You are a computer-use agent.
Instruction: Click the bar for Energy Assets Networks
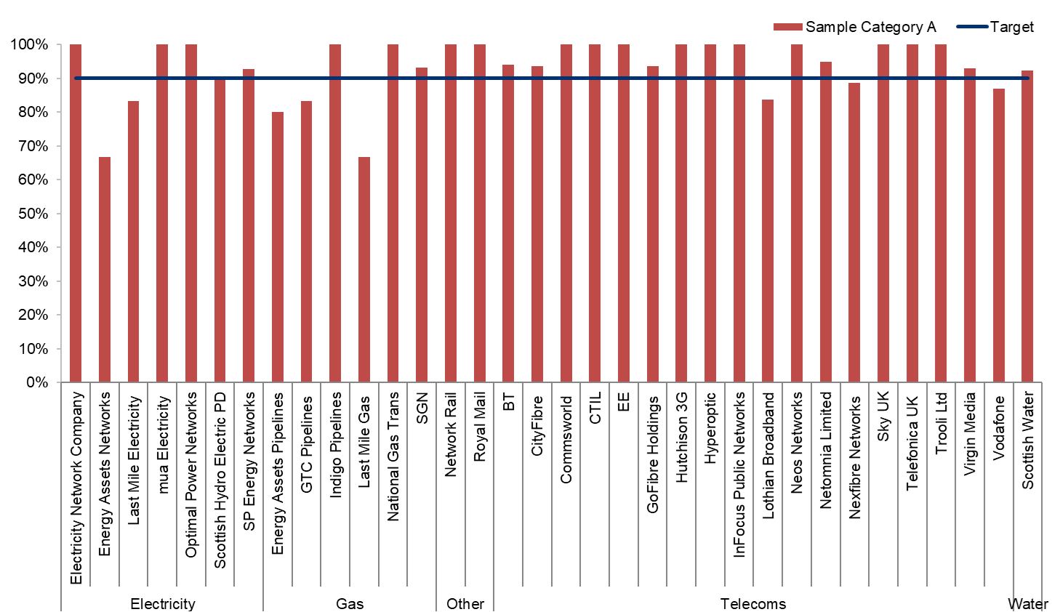(x=105, y=270)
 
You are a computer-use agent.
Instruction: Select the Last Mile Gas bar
(x=364, y=270)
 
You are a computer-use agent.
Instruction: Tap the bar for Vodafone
(x=999, y=235)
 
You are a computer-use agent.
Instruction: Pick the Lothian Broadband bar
(x=768, y=241)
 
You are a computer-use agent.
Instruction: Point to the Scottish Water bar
(x=1027, y=226)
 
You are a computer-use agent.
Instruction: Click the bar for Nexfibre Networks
(x=854, y=233)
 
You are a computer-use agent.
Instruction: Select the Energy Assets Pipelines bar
(x=278, y=247)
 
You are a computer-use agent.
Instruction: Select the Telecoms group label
(x=752, y=603)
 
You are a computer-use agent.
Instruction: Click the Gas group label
(x=350, y=603)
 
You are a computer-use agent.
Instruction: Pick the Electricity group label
(x=162, y=603)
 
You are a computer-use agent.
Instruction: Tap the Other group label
(x=465, y=603)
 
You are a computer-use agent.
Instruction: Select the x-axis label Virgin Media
(x=970, y=435)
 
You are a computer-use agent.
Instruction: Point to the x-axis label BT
(x=509, y=402)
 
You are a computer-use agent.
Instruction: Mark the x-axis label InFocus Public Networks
(x=739, y=475)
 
